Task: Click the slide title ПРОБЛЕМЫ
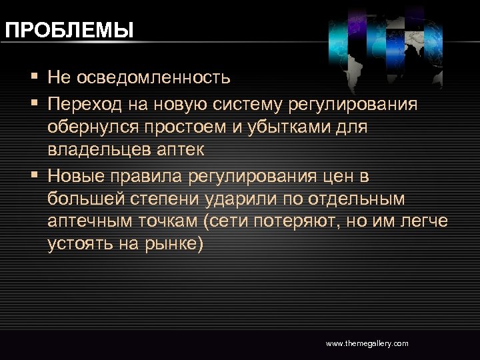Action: coord(69,30)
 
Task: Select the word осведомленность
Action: coord(154,78)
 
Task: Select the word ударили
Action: coord(227,199)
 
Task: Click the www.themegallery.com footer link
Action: coord(367,343)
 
